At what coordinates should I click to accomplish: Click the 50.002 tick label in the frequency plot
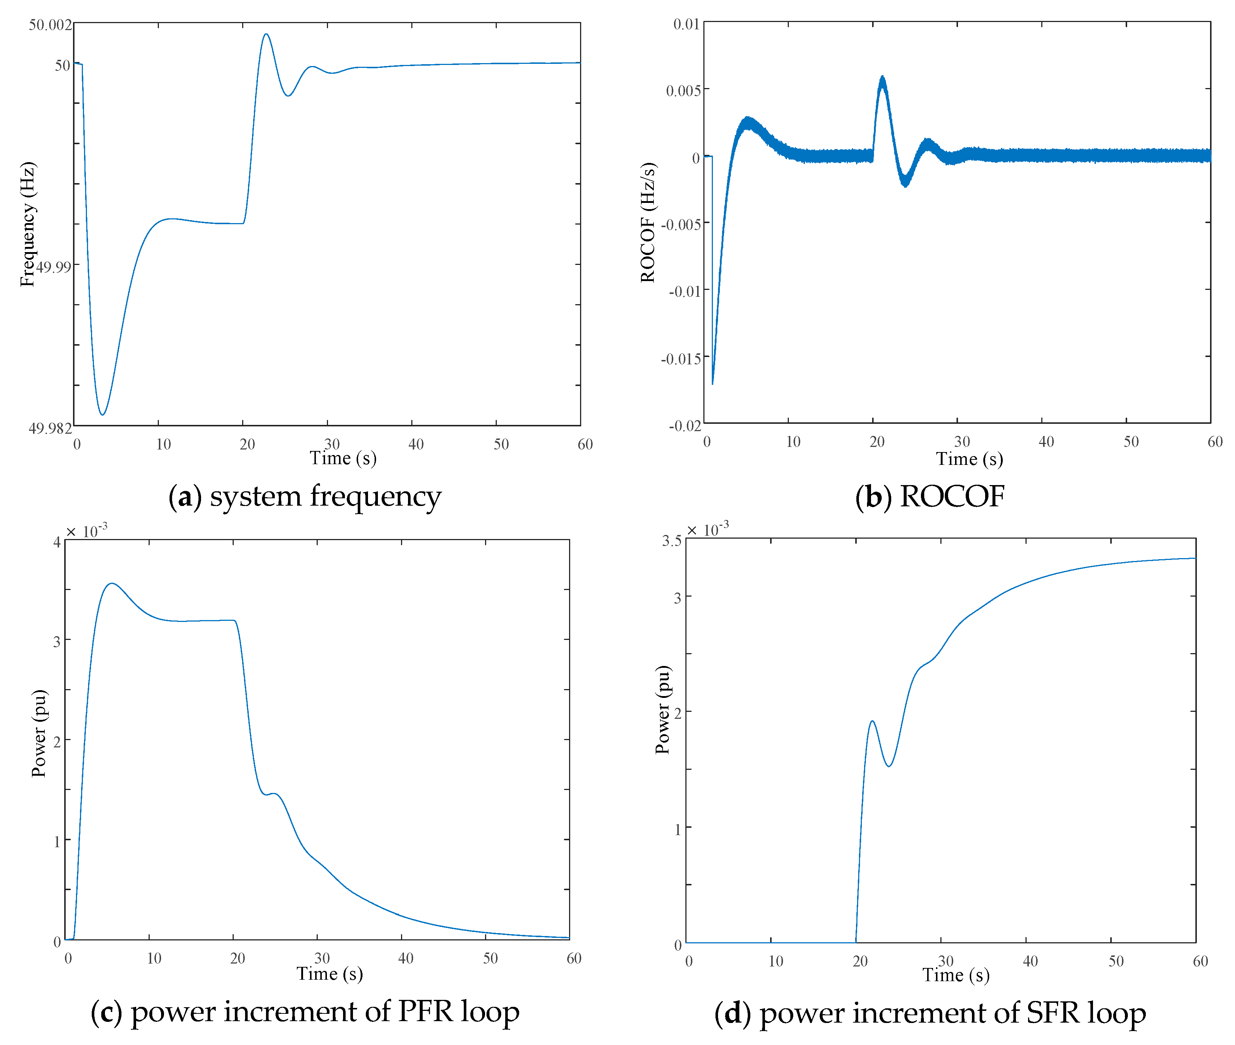click(50, 25)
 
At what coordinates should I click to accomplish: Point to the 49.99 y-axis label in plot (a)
click(53, 267)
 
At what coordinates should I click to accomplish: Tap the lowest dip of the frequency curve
click(102, 414)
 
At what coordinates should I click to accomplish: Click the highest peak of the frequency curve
click(266, 34)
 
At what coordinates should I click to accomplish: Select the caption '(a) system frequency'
click(305, 496)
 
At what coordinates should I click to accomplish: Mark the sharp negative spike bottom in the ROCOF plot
click(713, 383)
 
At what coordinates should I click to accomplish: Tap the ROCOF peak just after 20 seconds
click(882, 78)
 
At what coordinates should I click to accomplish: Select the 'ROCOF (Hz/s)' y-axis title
click(648, 222)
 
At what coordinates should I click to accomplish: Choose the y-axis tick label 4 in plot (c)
click(57, 542)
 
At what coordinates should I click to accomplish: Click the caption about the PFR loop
click(305, 1012)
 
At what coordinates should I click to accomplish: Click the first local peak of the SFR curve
click(872, 721)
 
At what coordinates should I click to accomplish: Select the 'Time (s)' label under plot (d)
click(955, 975)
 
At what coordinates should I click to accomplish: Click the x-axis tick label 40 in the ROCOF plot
click(1046, 441)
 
